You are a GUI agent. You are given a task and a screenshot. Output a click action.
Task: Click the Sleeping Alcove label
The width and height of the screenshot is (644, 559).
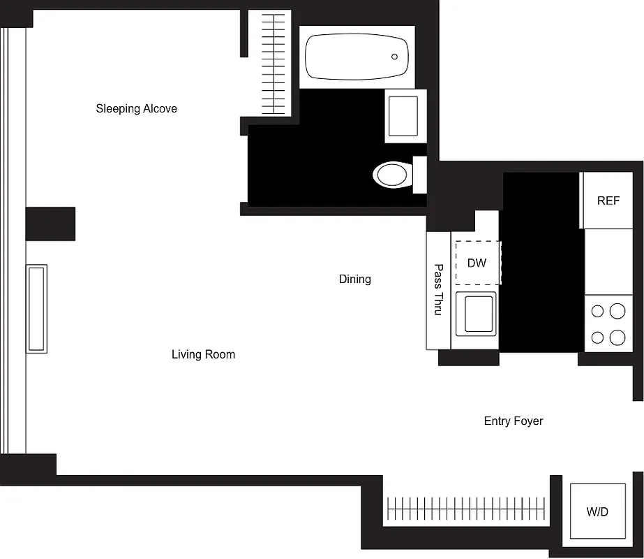[x=136, y=108]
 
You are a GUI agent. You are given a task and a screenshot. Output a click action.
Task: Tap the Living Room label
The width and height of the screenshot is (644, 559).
[x=203, y=354]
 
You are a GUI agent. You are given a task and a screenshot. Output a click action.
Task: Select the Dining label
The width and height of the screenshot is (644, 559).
[x=354, y=279]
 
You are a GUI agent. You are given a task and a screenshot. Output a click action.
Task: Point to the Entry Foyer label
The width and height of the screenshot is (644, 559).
[x=513, y=421]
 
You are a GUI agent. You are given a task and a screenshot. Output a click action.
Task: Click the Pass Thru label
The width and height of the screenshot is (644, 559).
[x=438, y=289]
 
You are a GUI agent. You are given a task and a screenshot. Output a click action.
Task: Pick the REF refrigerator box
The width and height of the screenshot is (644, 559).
[x=608, y=201]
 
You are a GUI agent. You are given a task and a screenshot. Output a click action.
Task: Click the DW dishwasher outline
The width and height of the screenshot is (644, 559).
[x=477, y=263]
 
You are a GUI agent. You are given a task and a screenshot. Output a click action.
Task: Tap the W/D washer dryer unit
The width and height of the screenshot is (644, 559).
[x=597, y=511]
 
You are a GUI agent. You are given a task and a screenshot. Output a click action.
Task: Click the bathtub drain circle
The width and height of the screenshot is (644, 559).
[x=394, y=57]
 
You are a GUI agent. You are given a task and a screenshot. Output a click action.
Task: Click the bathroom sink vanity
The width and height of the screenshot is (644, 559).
[x=403, y=116]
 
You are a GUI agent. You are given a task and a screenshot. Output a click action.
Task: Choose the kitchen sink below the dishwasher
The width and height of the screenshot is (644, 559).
[x=476, y=314]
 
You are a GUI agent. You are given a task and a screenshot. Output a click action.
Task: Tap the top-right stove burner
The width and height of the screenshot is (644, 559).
[x=617, y=310]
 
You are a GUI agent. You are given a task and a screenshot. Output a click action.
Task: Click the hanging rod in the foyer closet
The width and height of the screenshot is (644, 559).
[x=465, y=508]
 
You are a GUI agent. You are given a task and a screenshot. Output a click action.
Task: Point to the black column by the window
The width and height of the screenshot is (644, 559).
[x=50, y=224]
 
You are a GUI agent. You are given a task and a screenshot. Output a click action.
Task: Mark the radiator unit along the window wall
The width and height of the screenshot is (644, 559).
[x=36, y=308]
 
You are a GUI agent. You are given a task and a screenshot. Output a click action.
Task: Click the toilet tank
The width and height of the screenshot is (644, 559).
[x=419, y=175]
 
